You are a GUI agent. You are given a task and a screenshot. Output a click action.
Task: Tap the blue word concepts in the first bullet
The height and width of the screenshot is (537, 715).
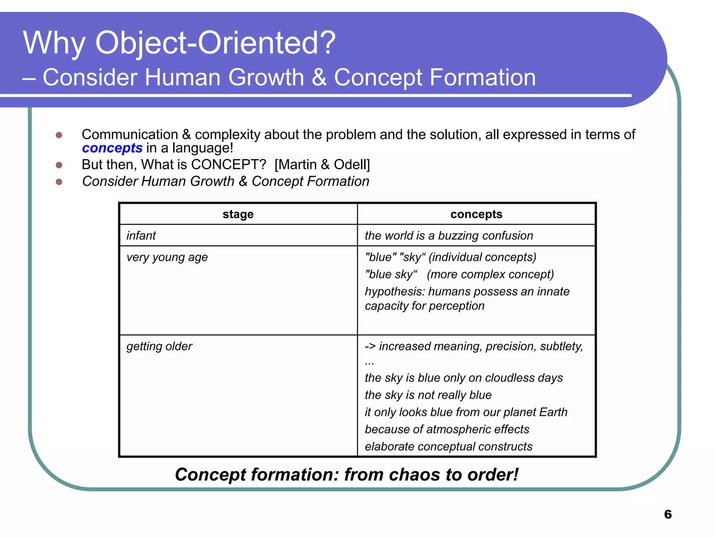pyautogui.click(x=112, y=148)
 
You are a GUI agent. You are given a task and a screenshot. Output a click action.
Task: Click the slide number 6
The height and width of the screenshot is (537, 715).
pyautogui.click(x=668, y=514)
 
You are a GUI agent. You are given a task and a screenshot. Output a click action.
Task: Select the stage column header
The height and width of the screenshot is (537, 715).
pyautogui.click(x=238, y=214)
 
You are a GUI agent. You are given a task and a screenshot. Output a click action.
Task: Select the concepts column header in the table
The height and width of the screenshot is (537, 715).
pyautogui.click(x=476, y=214)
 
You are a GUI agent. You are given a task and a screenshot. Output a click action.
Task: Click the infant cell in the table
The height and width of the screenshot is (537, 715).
pyautogui.click(x=141, y=236)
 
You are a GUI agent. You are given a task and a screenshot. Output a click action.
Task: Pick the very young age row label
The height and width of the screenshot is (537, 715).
pyautogui.click(x=167, y=257)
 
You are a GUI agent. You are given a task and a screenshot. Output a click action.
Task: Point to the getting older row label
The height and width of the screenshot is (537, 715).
pyautogui.click(x=159, y=346)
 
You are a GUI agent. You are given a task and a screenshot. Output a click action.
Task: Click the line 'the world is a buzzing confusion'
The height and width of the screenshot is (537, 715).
pyautogui.click(x=449, y=236)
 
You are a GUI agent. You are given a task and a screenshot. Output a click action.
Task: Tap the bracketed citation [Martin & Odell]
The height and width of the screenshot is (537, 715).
pyautogui.click(x=322, y=165)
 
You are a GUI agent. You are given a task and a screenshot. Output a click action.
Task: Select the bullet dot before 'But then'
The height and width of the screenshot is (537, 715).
pyautogui.click(x=59, y=165)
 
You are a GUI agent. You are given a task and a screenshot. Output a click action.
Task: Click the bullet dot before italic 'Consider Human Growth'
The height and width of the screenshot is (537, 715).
pyautogui.click(x=59, y=182)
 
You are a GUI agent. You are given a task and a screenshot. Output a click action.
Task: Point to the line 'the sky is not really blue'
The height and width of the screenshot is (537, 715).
pyautogui.click(x=428, y=395)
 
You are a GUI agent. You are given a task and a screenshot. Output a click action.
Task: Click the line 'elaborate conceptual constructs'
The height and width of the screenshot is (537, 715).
pyautogui.click(x=449, y=446)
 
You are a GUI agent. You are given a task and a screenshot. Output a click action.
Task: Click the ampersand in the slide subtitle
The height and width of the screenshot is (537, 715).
pyautogui.click(x=319, y=78)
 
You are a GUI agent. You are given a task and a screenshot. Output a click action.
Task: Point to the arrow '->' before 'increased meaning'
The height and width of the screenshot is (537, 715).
pyautogui.click(x=370, y=346)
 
